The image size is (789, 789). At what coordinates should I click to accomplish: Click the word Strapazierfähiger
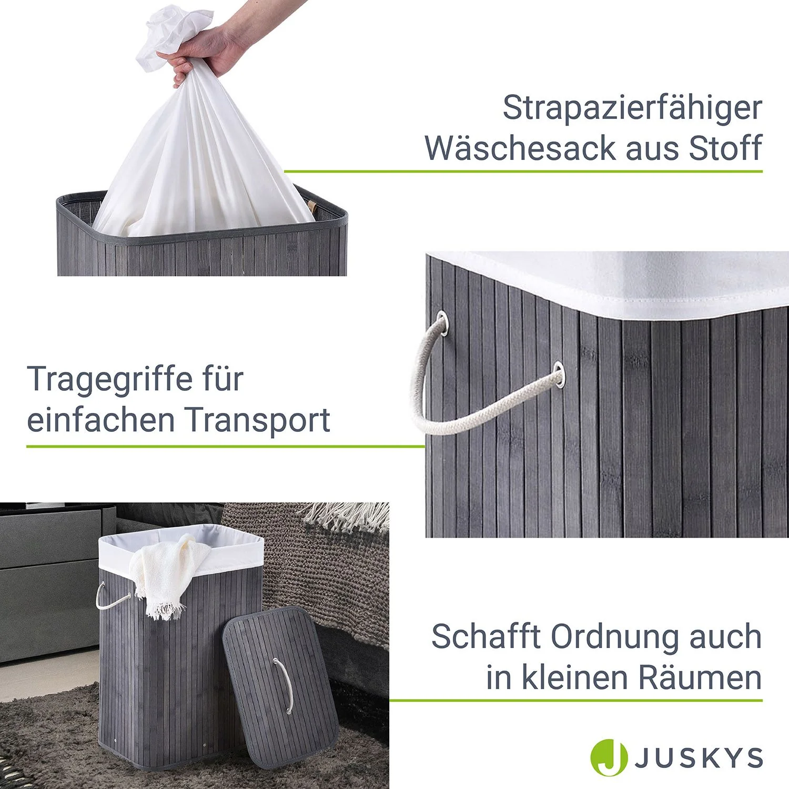coord(632,108)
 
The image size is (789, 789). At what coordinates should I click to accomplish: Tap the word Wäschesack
coord(521,148)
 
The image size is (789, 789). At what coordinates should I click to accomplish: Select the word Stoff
coord(725,148)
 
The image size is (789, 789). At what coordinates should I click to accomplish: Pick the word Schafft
coord(485,637)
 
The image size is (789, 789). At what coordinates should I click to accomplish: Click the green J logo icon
coord(609,758)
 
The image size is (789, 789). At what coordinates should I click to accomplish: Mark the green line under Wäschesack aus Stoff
coord(523,171)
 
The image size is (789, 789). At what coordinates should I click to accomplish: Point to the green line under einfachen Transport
coord(225,447)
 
